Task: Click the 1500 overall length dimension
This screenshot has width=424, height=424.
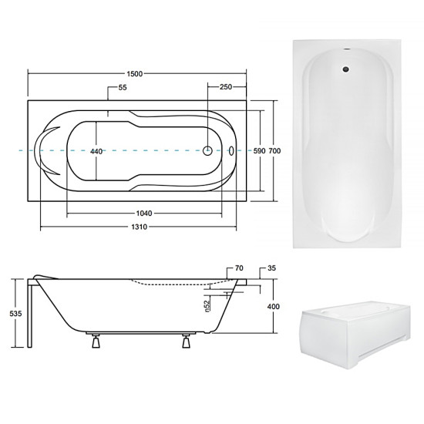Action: coord(135,74)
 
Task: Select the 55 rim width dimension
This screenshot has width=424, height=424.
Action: coord(123,88)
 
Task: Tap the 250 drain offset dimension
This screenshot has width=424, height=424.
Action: coord(226,87)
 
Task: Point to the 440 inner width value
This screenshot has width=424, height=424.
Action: coord(96,151)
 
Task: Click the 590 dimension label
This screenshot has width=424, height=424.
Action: coord(259,151)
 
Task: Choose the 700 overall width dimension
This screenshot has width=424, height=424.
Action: coord(274,151)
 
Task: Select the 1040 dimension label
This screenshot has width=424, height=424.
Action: coord(144,214)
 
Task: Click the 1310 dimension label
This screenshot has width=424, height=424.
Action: coord(140,227)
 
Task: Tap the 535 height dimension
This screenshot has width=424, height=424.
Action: coord(15,314)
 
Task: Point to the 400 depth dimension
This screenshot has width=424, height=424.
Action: coord(274,307)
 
